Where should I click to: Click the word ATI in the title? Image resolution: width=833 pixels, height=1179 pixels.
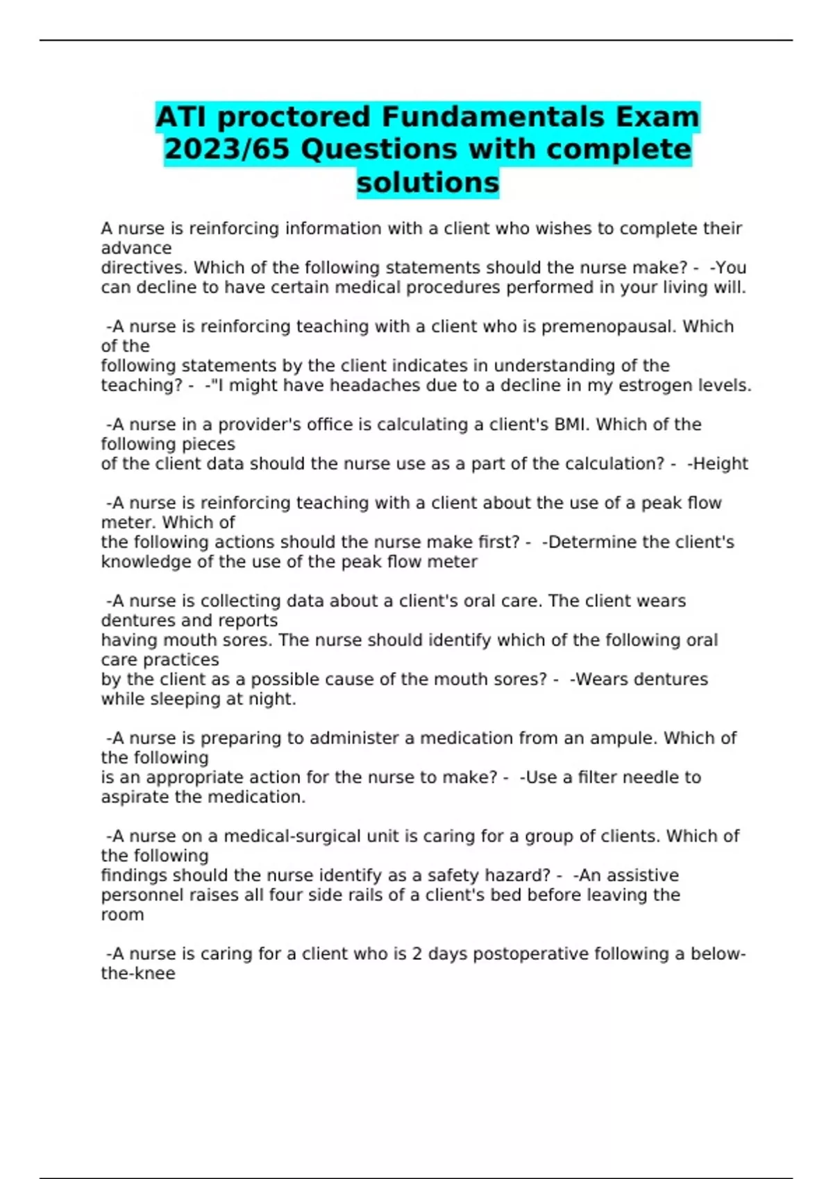[182, 117]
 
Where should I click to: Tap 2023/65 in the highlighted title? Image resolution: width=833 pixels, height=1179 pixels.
[227, 149]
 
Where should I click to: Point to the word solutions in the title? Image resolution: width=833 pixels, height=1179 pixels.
[428, 182]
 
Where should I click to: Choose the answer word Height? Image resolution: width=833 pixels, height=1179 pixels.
[721, 464]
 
